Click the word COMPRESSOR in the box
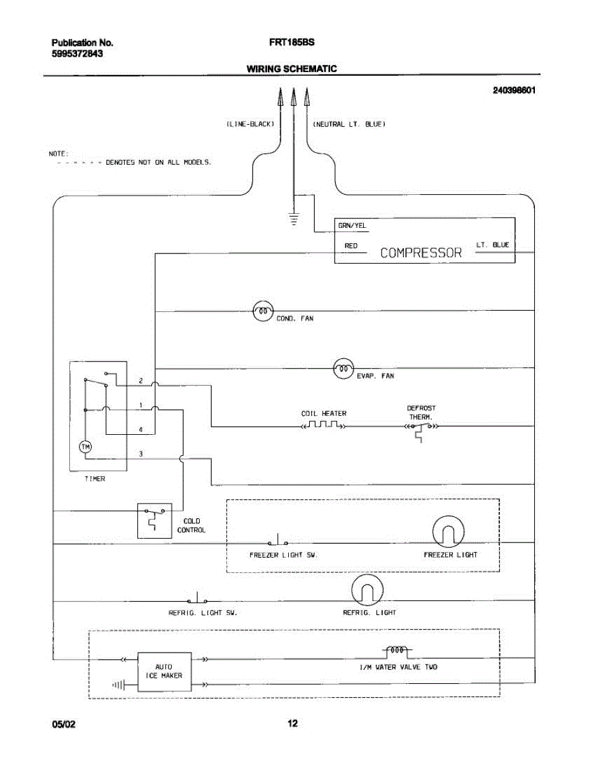[420, 253]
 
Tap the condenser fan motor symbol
[263, 311]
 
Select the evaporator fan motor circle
[343, 369]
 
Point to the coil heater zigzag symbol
[324, 425]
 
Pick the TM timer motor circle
[85, 447]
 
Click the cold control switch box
[155, 520]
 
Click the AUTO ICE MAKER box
[164, 672]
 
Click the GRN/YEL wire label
[352, 226]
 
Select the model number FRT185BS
[291, 43]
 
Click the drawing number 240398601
[514, 90]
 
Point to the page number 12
[293, 723]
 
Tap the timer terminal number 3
[141, 454]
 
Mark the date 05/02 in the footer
[64, 725]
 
